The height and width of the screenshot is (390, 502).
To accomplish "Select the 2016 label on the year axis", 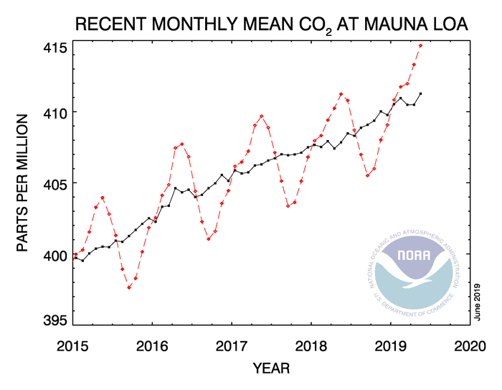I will [152, 345].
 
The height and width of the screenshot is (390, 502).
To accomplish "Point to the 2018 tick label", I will [311, 345].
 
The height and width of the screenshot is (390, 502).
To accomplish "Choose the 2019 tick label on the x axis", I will [391, 345].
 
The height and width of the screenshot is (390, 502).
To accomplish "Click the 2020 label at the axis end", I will [470, 345].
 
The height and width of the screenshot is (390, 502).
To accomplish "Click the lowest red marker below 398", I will [129, 287].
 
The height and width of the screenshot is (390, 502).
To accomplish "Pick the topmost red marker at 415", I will [421, 45].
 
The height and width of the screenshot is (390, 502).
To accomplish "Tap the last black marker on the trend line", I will [420, 93].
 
